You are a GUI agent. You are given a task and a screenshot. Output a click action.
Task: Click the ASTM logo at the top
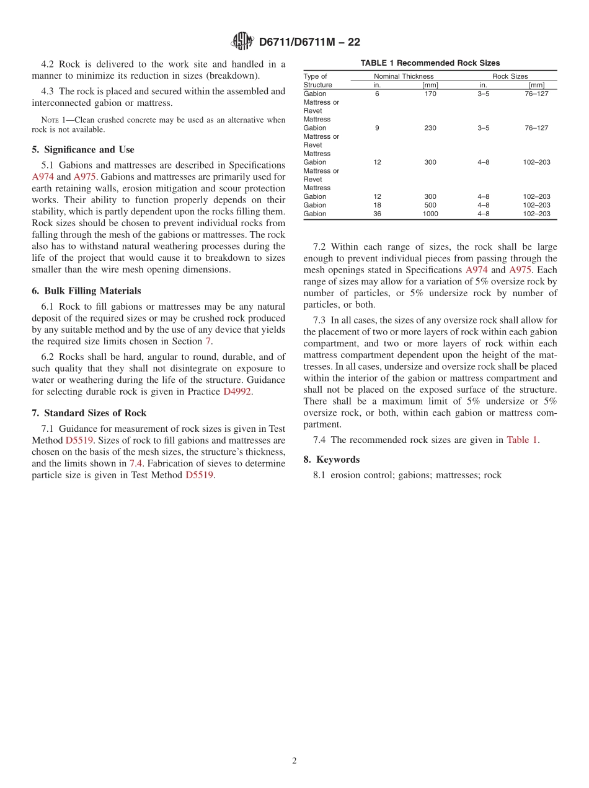point(242,42)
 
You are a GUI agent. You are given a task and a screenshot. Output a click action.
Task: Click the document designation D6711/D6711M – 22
point(309,42)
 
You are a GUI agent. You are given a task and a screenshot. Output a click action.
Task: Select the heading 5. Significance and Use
point(83,149)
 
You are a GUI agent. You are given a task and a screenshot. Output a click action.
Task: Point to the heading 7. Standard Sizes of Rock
point(89,413)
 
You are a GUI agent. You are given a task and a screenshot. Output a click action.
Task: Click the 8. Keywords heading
point(332,459)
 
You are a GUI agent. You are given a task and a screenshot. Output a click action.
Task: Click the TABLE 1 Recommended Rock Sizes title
point(430,63)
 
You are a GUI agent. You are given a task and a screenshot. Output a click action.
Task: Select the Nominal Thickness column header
point(404,76)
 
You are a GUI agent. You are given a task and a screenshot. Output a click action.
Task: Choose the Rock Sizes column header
point(510,76)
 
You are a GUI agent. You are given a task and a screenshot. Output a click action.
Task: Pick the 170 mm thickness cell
point(430,94)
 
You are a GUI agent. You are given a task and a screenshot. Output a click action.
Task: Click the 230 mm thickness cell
point(430,128)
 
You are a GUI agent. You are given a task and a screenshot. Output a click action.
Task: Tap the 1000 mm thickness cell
point(430,214)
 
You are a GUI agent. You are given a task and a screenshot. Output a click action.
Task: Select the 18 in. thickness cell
point(377,205)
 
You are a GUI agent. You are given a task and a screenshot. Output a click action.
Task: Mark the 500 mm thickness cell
point(430,205)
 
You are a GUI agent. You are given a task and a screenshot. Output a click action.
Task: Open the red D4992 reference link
point(237,392)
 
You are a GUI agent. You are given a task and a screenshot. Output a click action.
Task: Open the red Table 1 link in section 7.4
point(522,440)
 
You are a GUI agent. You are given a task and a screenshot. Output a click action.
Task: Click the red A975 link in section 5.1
point(84,177)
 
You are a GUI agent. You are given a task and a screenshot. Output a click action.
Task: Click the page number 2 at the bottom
point(294,761)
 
